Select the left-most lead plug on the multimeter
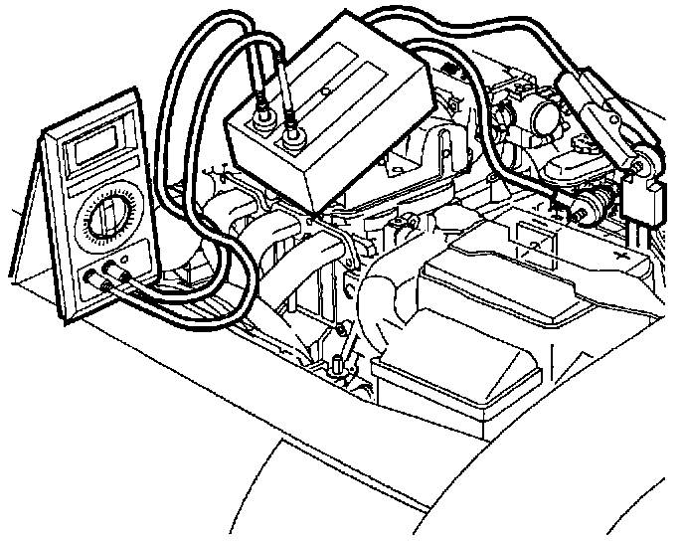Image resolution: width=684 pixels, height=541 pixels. coord(95,282)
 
